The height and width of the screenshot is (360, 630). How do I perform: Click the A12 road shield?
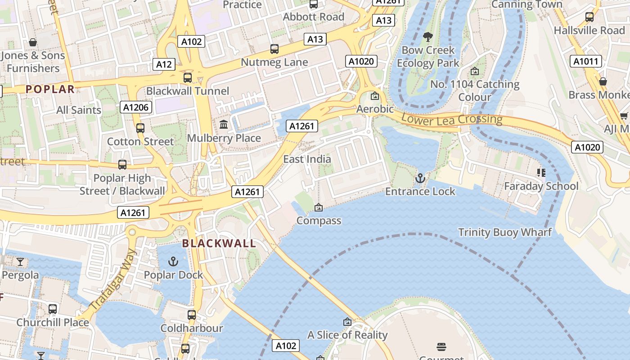click(164, 64)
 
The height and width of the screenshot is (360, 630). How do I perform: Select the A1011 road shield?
click(586, 61)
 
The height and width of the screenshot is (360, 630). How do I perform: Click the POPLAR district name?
click(50, 89)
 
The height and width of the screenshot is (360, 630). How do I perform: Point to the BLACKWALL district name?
click(219, 243)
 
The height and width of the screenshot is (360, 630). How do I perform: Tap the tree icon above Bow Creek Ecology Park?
click(428, 36)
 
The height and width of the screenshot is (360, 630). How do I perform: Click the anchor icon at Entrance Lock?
click(420, 178)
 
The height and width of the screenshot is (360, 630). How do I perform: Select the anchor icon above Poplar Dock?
click(173, 261)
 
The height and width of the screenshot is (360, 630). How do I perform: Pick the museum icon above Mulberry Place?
click(224, 124)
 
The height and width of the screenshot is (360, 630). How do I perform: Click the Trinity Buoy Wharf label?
click(504, 233)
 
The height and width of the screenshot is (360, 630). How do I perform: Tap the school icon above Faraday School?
click(541, 172)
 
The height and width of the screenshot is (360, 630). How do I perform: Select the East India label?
click(307, 159)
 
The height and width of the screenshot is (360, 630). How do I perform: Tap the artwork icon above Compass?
click(319, 207)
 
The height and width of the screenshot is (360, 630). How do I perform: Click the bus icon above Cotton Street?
click(140, 128)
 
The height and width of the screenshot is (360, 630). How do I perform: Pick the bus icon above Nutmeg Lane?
click(274, 49)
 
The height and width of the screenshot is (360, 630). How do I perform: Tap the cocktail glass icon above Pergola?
click(20, 261)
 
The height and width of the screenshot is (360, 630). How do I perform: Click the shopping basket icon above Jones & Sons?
click(33, 42)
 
